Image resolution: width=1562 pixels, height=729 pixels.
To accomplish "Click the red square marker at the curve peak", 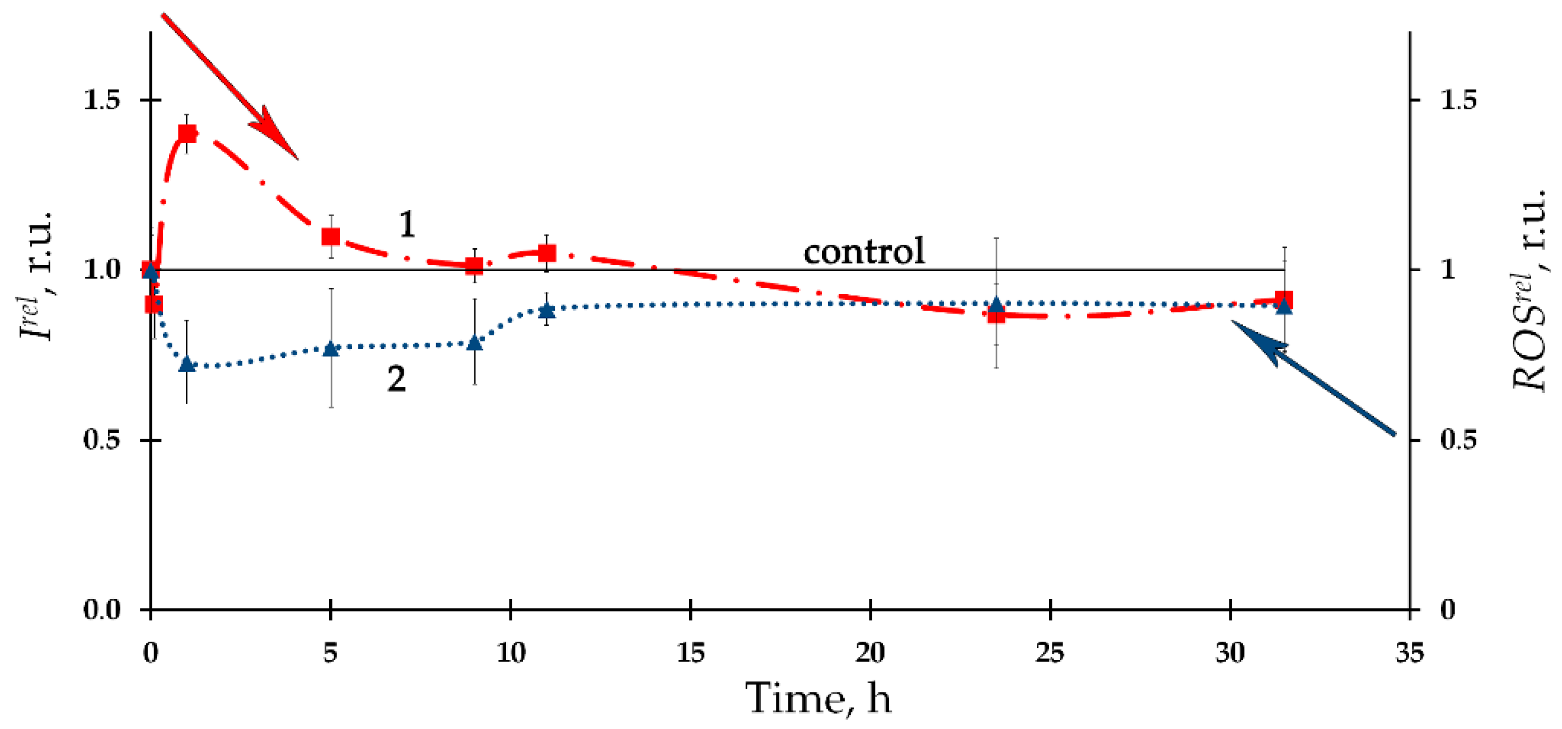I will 187,133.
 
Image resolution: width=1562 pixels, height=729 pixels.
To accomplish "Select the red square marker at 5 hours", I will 330,236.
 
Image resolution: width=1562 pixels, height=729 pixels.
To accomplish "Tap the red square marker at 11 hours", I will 547,253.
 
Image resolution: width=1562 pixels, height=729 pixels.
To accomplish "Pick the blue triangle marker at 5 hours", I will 330,349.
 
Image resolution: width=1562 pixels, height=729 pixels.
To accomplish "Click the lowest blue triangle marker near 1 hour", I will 187,364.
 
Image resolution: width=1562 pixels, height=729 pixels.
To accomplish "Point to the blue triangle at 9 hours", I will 475,343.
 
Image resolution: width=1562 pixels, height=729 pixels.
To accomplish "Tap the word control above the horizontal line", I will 864,250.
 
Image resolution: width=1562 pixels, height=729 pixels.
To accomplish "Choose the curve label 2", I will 396,379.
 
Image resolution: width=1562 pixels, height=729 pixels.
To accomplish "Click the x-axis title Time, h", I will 818,698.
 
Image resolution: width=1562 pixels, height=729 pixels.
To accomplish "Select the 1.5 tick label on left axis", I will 101,100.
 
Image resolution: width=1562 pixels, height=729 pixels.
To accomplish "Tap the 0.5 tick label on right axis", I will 1458,440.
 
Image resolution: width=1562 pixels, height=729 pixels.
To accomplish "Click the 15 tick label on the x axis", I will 691,653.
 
